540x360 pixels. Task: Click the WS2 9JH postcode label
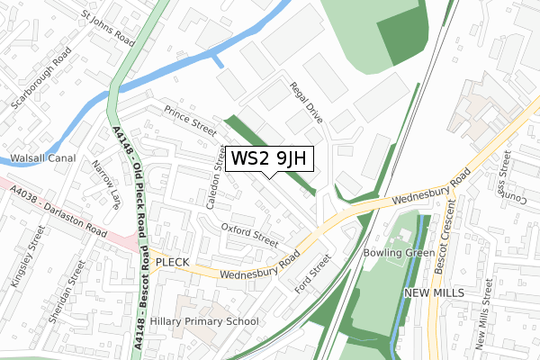tap(270, 158)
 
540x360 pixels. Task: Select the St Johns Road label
tap(109, 30)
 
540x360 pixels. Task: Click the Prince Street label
tap(190, 122)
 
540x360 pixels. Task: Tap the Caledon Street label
tap(216, 176)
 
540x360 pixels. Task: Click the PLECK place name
tap(172, 262)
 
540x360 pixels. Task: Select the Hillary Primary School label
tap(204, 321)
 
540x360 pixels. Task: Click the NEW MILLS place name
tap(434, 293)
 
